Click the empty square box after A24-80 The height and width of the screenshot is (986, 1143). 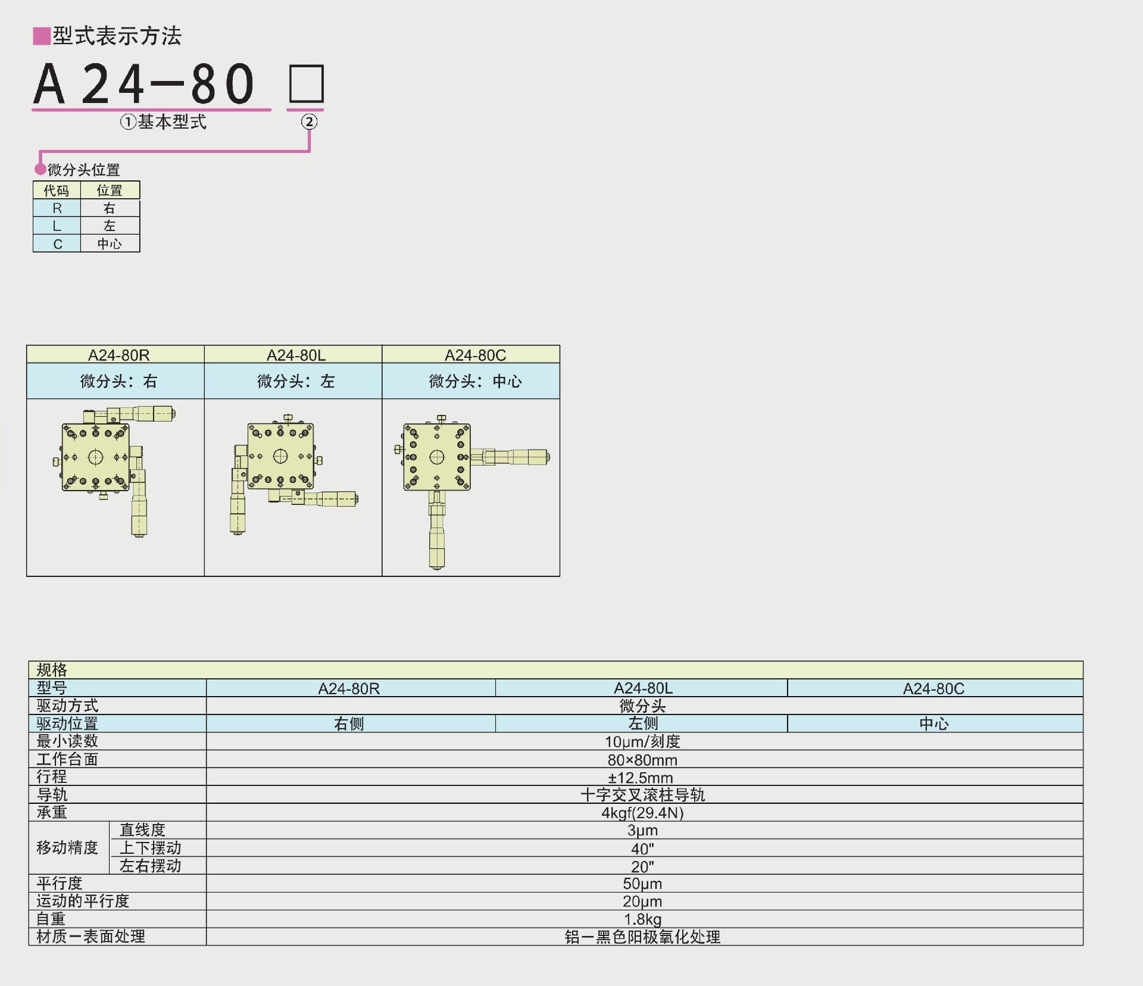point(307,84)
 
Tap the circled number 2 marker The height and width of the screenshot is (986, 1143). point(309,122)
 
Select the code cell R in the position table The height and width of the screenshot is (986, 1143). point(57,208)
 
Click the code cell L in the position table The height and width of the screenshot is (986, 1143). point(57,226)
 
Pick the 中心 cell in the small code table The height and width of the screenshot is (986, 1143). point(110,244)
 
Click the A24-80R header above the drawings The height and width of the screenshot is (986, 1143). point(118,355)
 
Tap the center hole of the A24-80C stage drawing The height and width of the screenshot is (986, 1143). point(437,457)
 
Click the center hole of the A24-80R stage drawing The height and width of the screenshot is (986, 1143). point(95,457)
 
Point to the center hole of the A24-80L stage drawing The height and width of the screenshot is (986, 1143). point(280,457)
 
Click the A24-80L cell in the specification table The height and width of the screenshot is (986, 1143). point(643,688)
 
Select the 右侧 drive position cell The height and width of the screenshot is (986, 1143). point(349,723)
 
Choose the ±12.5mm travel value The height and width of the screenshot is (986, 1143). point(642,777)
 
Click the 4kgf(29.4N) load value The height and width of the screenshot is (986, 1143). point(642,813)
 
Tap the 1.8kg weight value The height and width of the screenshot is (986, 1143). point(642,919)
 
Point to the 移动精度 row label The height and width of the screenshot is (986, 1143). point(67,847)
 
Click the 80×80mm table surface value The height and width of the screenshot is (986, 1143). point(642,760)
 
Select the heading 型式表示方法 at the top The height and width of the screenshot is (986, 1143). point(117,36)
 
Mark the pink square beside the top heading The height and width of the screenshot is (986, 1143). point(42,36)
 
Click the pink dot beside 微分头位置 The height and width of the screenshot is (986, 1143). point(40,169)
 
